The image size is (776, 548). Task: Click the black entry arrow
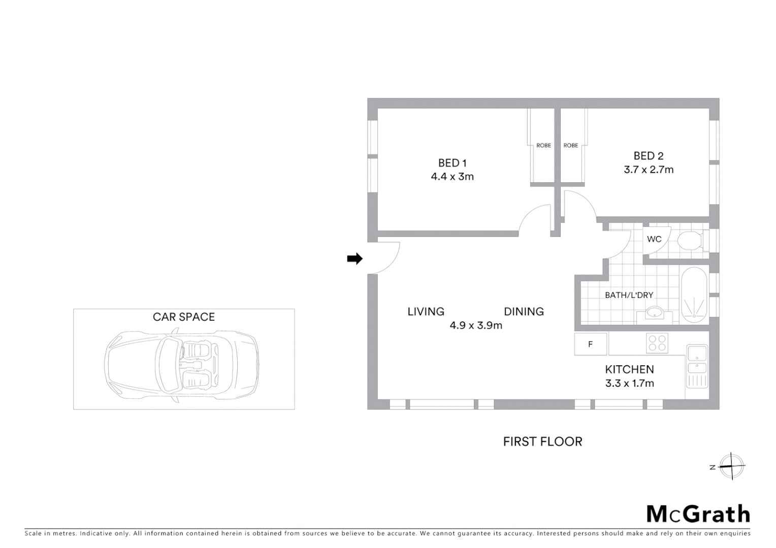354,259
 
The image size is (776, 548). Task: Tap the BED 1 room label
452,163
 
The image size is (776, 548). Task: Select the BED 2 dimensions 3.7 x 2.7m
649,169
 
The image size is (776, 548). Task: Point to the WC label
654,239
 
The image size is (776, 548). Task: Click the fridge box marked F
591,344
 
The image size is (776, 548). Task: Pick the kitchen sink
697,360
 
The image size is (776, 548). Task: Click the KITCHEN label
629,369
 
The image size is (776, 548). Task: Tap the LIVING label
426,312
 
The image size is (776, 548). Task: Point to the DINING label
524,312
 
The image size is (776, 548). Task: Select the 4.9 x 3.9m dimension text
476,325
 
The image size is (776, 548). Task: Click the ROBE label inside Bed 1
543,146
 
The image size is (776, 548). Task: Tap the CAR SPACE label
184,317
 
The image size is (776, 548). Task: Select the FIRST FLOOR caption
542,441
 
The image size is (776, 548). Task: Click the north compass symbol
731,466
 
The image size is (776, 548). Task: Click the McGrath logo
698,514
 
